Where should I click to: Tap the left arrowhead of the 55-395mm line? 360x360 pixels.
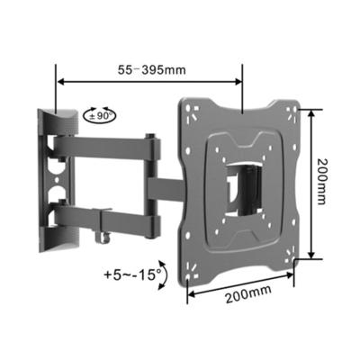click(60, 81)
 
